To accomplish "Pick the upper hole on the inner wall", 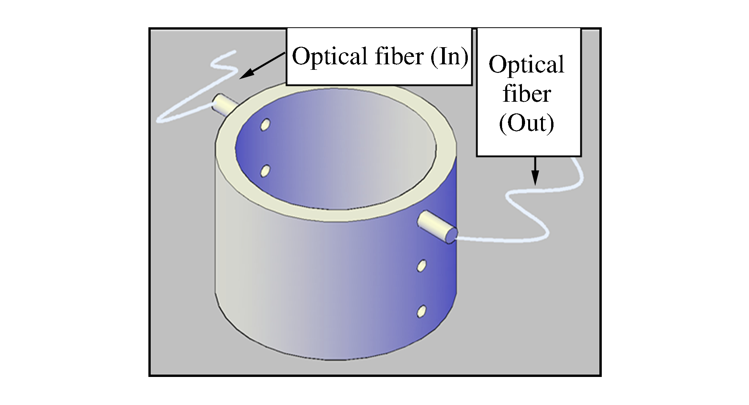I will tap(266, 124).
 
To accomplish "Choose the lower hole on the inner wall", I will tap(265, 170).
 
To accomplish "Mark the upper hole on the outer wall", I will tap(421, 266).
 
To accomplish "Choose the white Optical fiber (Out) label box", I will tap(529, 144).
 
